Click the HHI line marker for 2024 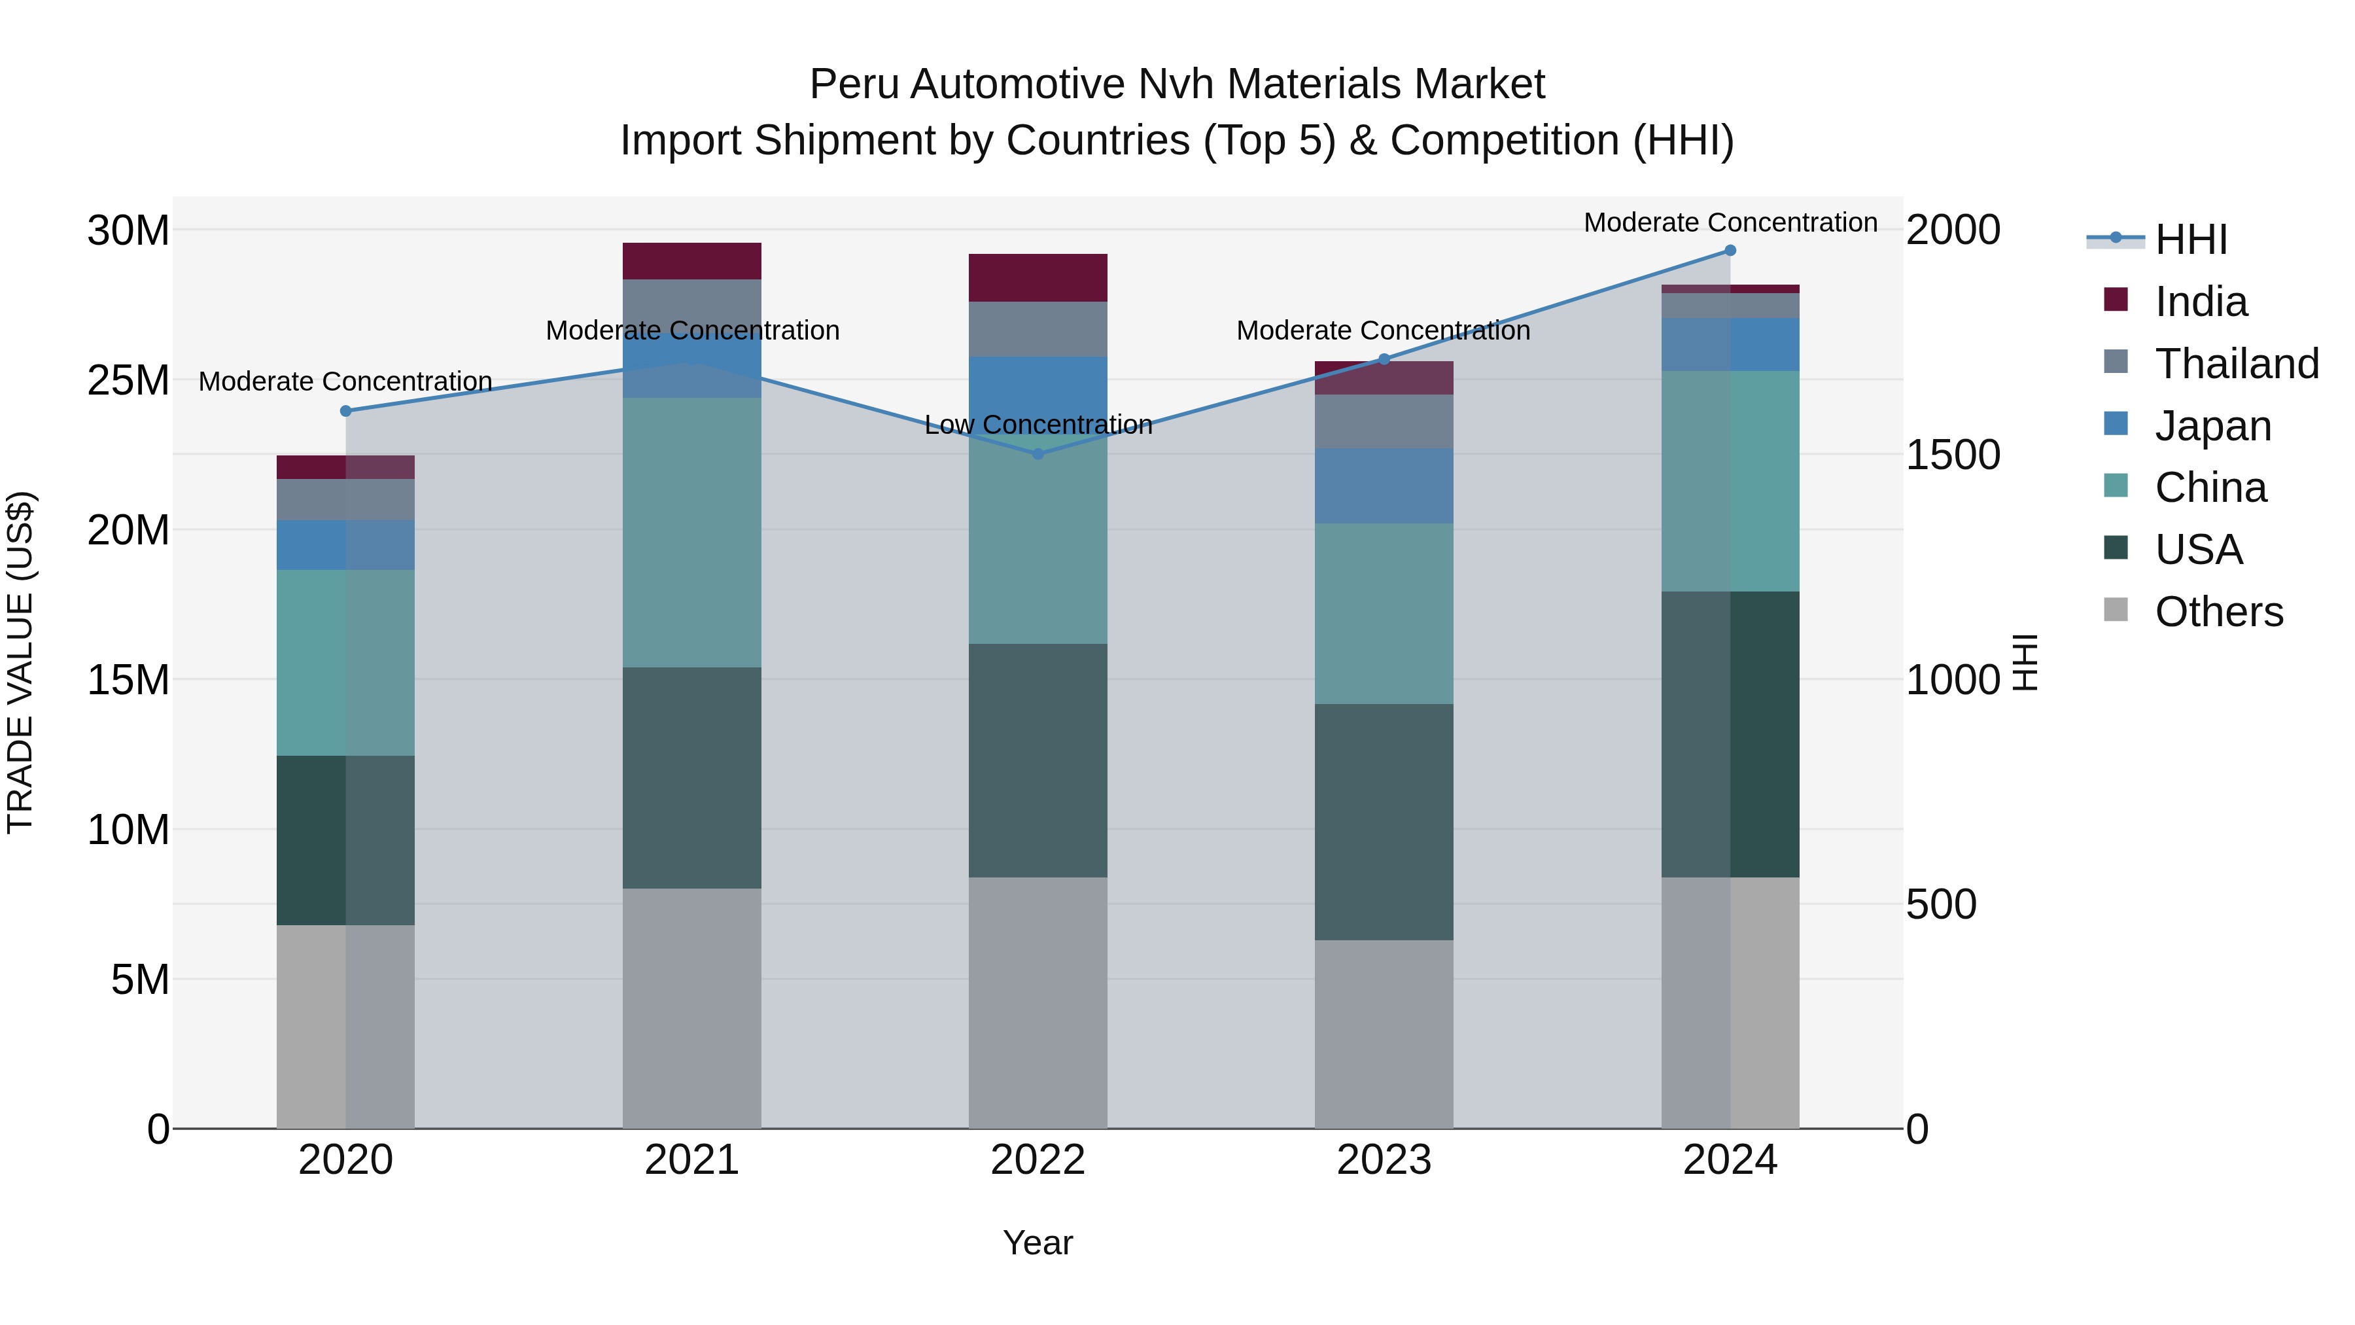pyautogui.click(x=1730, y=251)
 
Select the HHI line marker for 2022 pyautogui.click(x=1038, y=453)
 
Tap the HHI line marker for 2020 pyautogui.click(x=345, y=412)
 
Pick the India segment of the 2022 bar pyautogui.click(x=1038, y=278)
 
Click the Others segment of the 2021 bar pyautogui.click(x=691, y=1008)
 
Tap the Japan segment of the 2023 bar pyautogui.click(x=1383, y=486)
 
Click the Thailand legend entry pyautogui.click(x=2236, y=364)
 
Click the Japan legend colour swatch pyautogui.click(x=2116, y=424)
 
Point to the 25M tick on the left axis pyautogui.click(x=128, y=380)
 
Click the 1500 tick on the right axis pyautogui.click(x=1953, y=455)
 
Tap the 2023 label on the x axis pyautogui.click(x=1383, y=1160)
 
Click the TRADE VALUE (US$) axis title pyautogui.click(x=20, y=662)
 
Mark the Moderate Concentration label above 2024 pyautogui.click(x=1730, y=223)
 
